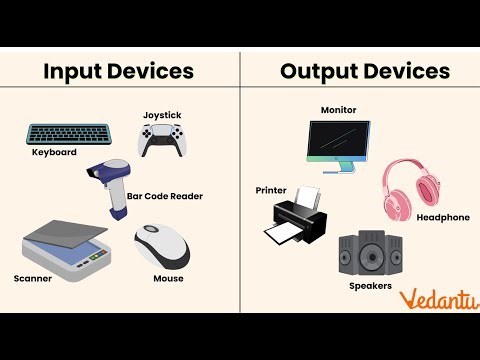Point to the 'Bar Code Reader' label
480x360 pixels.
(164, 196)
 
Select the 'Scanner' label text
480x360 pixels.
(33, 278)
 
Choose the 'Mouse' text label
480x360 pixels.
(169, 278)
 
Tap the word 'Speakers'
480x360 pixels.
(370, 286)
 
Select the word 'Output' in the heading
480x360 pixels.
(310, 72)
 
